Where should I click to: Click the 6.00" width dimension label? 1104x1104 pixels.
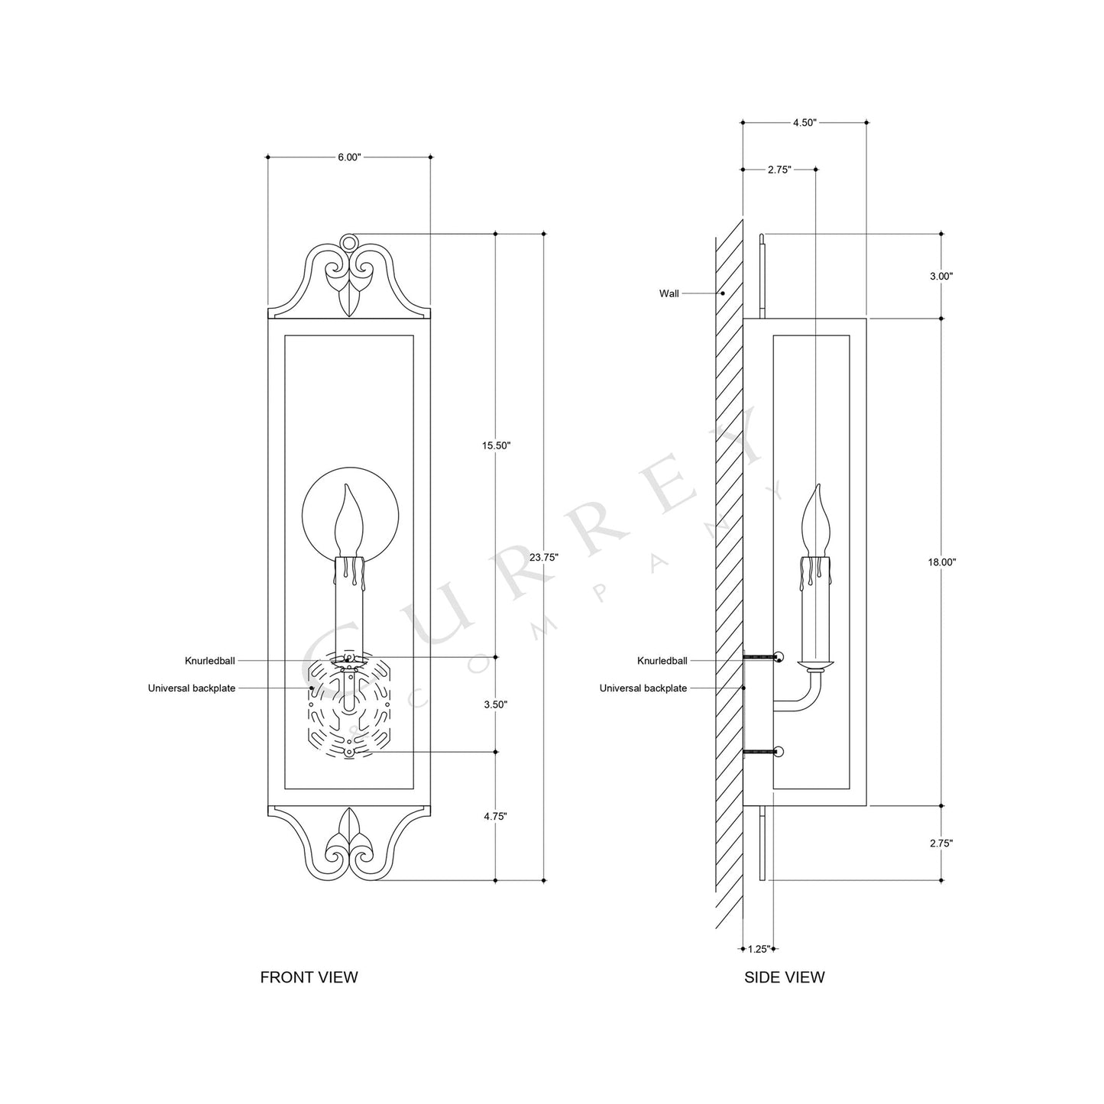348,157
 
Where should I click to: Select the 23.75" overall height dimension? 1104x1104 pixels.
544,557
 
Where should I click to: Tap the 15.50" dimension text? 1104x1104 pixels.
496,445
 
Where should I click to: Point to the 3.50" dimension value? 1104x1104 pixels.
496,704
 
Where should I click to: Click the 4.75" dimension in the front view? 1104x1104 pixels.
496,816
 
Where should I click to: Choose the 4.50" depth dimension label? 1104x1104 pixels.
805,122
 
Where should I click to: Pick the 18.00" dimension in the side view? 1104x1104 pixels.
941,562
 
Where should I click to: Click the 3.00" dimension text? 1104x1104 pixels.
941,277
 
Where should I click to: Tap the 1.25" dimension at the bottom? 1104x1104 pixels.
759,949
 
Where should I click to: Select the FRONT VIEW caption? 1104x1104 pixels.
309,977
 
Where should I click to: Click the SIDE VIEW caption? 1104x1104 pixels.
784,977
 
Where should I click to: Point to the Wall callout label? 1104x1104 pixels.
669,293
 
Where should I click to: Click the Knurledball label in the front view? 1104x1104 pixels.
209,661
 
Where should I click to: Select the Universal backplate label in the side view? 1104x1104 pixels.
643,688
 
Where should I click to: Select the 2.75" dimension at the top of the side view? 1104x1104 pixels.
779,170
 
